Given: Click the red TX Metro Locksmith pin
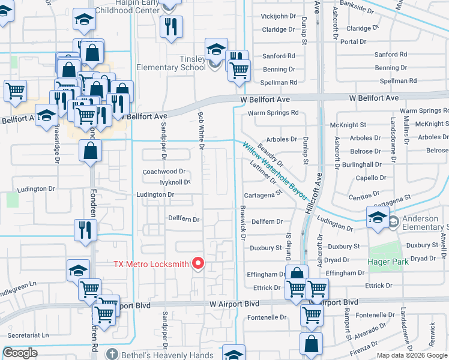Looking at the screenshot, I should tap(197, 263).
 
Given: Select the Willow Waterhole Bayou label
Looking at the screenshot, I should tap(275, 171).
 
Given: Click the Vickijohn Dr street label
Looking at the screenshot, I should tap(279, 16).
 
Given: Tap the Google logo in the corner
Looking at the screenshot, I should tap(20, 353).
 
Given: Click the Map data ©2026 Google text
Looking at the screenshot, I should tap(412, 355).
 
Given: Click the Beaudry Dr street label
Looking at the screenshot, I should tap(270, 154).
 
